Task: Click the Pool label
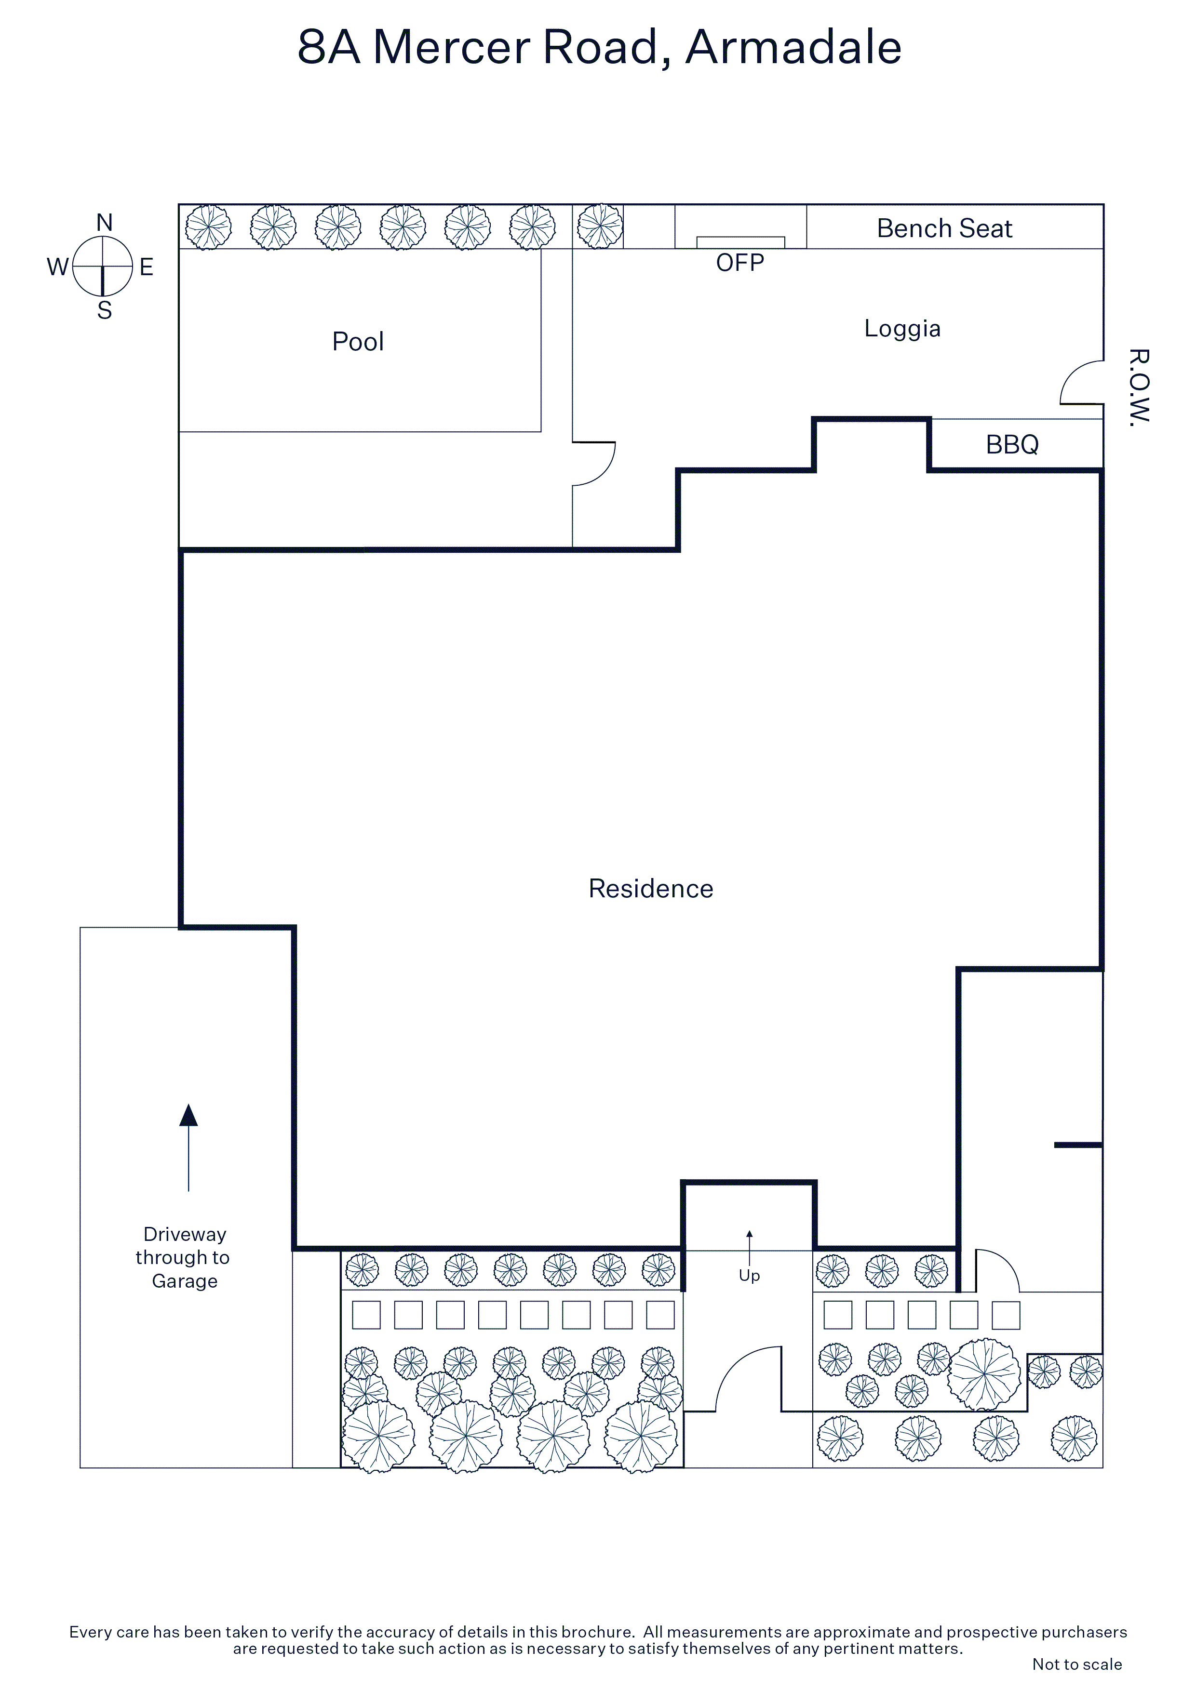pyautogui.click(x=358, y=342)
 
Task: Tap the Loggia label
pyautogui.click(x=903, y=329)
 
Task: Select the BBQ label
pyautogui.click(x=1012, y=444)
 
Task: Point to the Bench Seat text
pyautogui.click(x=945, y=228)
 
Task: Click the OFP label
pyautogui.click(x=740, y=263)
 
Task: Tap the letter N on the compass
pyautogui.click(x=105, y=223)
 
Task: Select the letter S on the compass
pyautogui.click(x=105, y=310)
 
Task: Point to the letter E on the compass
pyautogui.click(x=147, y=266)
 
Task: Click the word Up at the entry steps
pyautogui.click(x=750, y=1276)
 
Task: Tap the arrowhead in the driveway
pyautogui.click(x=188, y=1116)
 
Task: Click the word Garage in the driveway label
pyautogui.click(x=185, y=1281)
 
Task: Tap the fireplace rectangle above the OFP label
pyautogui.click(x=740, y=242)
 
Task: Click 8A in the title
pyautogui.click(x=329, y=47)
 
